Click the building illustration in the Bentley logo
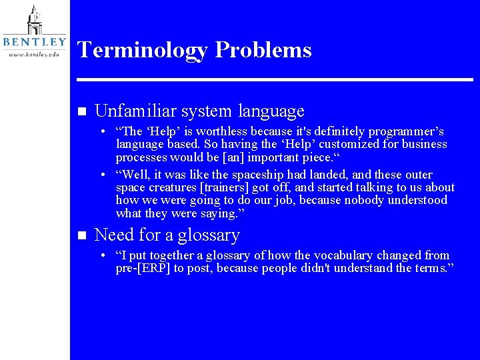click(34, 19)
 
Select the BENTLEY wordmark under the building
click(35, 42)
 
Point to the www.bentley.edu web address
click(35, 53)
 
